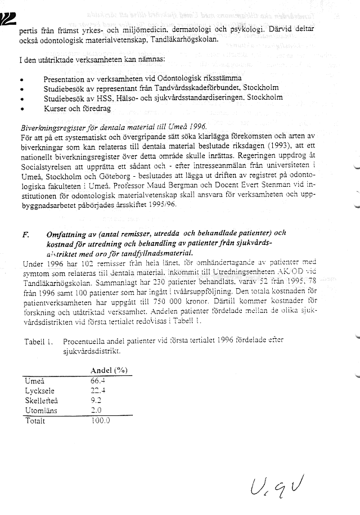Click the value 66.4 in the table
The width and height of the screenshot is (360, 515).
[98, 380]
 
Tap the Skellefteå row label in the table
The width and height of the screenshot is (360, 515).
[42, 401]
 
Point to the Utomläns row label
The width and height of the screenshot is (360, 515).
[40, 411]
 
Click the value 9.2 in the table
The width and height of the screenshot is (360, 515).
[97, 401]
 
